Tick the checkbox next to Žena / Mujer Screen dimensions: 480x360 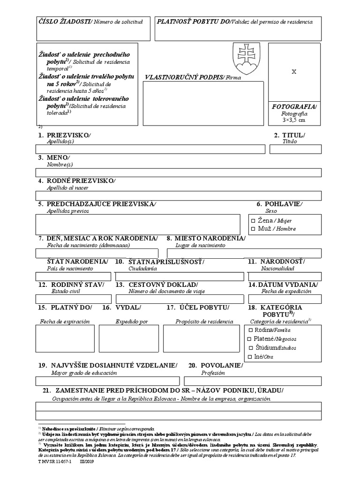(253, 220)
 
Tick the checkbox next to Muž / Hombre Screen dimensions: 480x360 (253, 229)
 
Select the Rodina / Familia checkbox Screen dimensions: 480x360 (249, 330)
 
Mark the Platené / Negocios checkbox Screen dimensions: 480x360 (249, 339)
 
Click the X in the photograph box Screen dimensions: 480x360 (294, 72)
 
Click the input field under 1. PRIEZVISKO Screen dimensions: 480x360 (150, 149)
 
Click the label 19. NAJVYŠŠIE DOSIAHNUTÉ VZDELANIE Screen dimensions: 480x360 (108, 365)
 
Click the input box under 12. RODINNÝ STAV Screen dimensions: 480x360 (73, 299)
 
